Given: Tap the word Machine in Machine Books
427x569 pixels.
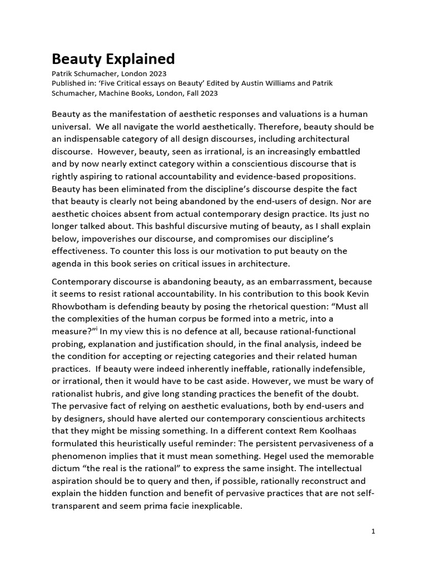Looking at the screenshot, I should [116, 93].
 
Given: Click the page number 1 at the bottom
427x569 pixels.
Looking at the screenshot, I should [374, 531].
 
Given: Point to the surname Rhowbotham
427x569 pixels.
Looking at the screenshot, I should [81, 307].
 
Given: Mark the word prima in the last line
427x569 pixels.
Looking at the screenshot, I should [152, 506].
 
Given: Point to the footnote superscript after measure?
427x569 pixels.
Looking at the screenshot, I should [97, 329].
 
